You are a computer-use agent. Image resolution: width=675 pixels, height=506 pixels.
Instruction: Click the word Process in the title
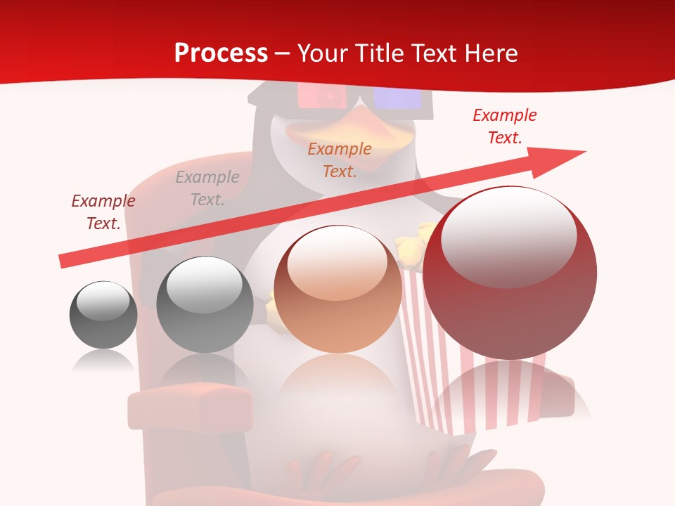click(x=221, y=53)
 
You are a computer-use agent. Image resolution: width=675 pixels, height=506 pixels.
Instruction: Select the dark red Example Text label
click(x=103, y=212)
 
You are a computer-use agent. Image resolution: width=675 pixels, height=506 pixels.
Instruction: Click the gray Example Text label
click(x=207, y=188)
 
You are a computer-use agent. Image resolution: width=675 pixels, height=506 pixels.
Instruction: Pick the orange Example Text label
click(x=340, y=160)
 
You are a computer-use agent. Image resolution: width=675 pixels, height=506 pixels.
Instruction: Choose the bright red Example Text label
click(x=505, y=126)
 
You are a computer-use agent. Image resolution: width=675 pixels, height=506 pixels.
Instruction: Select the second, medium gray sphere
click(x=205, y=306)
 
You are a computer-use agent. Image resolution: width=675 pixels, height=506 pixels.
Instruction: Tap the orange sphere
click(x=337, y=290)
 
